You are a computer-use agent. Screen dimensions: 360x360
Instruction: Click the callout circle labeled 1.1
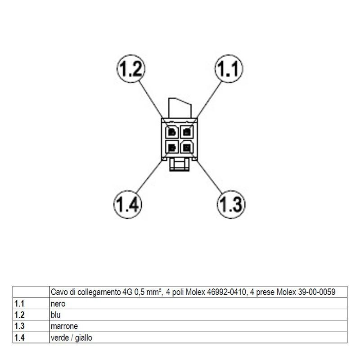229,69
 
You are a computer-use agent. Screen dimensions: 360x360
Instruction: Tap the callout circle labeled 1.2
131,69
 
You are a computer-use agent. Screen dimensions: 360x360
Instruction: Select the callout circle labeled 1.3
231,204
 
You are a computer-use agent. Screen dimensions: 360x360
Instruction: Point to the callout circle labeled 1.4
128,204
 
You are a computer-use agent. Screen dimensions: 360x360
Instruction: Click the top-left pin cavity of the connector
172,132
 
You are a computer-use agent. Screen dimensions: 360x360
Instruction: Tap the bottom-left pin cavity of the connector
172,147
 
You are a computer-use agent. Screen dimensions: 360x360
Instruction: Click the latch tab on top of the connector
180,108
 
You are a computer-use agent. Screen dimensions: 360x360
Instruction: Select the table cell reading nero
58,304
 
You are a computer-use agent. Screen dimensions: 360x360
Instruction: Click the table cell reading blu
56,315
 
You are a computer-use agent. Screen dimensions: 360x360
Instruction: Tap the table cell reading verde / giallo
72,337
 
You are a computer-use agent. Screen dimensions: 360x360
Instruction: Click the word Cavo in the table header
59,292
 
